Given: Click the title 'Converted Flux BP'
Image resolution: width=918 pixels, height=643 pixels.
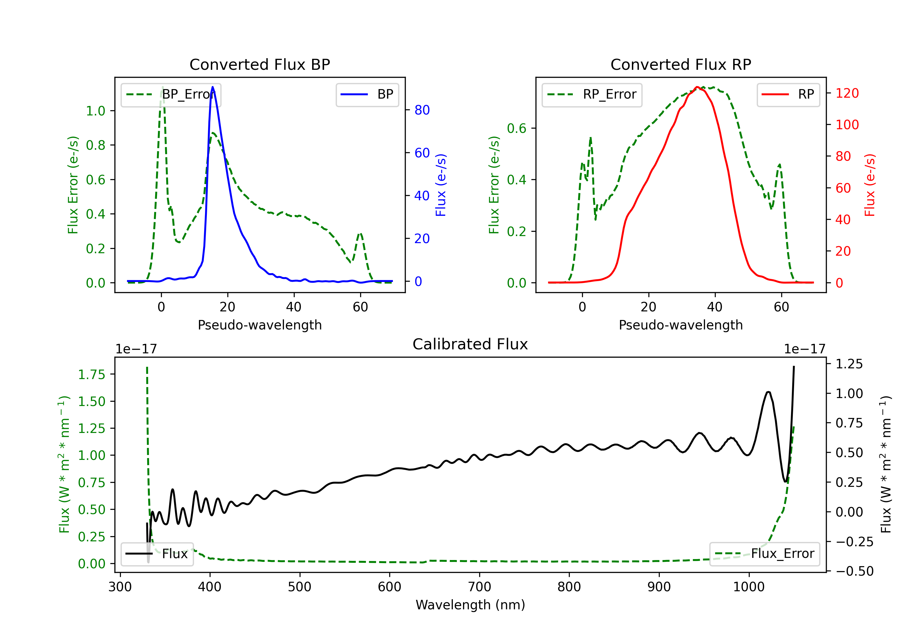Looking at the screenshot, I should (x=259, y=64).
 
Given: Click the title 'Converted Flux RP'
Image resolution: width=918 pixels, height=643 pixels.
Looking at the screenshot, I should (x=681, y=64).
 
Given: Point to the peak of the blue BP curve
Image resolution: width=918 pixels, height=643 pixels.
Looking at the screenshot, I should (x=213, y=87).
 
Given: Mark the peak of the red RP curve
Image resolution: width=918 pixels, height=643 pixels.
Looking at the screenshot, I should (x=697, y=87).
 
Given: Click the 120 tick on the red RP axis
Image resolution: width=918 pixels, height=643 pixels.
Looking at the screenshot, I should (x=847, y=93).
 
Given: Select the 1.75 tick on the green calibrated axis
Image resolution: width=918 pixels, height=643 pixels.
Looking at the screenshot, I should (x=91, y=374).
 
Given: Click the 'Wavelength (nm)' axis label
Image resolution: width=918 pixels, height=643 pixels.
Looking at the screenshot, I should (x=470, y=605).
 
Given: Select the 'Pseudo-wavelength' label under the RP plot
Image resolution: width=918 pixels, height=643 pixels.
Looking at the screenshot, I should (x=681, y=325).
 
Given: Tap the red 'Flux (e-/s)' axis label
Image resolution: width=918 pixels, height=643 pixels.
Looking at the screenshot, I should (x=870, y=185).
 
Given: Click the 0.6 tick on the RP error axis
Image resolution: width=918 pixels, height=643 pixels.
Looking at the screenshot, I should (x=516, y=128).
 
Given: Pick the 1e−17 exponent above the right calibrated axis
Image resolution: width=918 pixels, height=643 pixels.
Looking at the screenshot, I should (x=804, y=349).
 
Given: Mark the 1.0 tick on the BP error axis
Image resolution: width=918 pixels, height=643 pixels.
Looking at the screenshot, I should (x=95, y=111).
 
